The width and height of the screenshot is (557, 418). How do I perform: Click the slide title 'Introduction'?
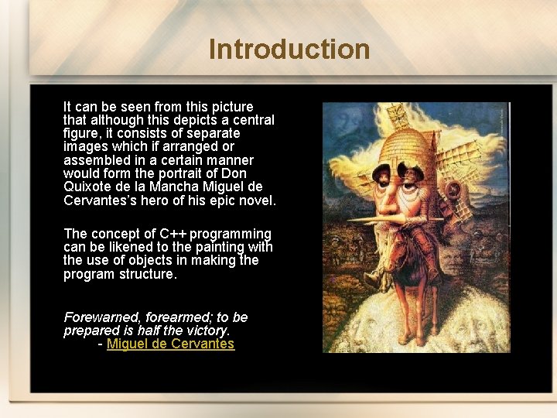pos(289,50)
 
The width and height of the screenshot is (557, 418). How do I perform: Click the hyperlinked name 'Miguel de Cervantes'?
pos(170,344)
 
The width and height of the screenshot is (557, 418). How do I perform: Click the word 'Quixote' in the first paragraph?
pos(87,187)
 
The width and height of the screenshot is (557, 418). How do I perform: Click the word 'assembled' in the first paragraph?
pos(94,160)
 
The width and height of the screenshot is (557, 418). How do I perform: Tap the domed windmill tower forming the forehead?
pos(410,146)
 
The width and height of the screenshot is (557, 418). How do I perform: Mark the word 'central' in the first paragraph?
pos(252,120)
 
